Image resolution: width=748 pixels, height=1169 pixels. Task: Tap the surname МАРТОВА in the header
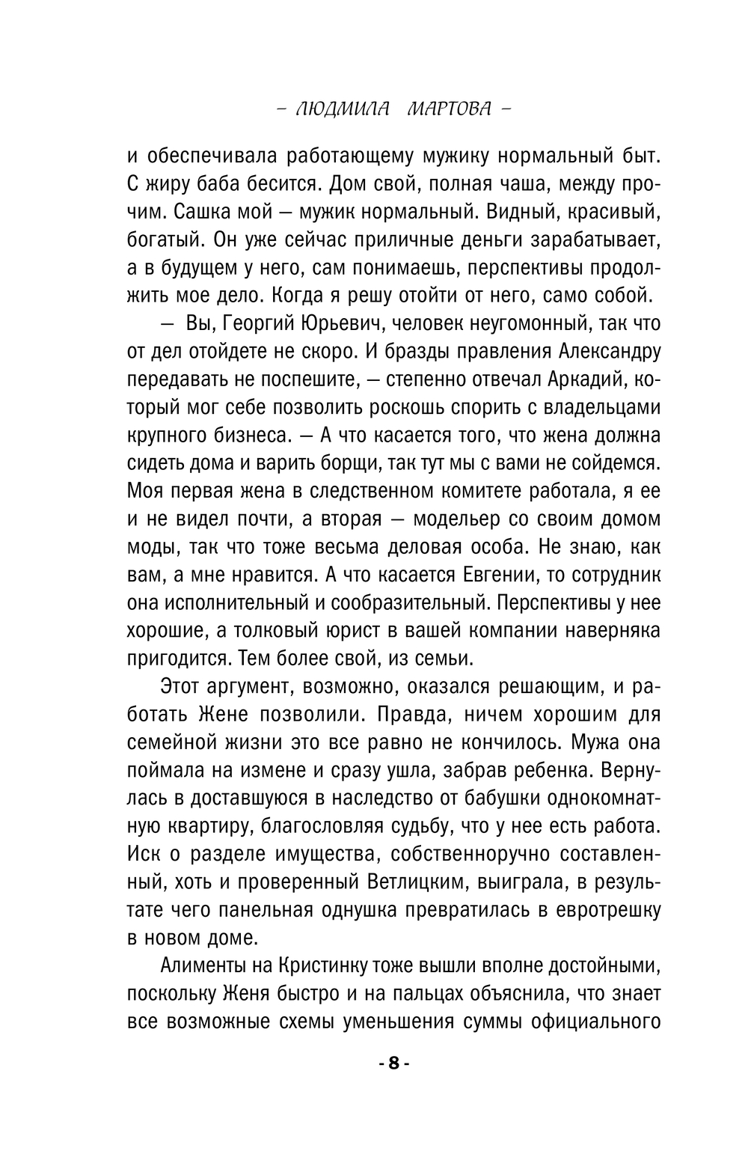(x=449, y=109)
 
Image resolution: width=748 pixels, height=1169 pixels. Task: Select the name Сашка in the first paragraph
(x=201, y=212)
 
